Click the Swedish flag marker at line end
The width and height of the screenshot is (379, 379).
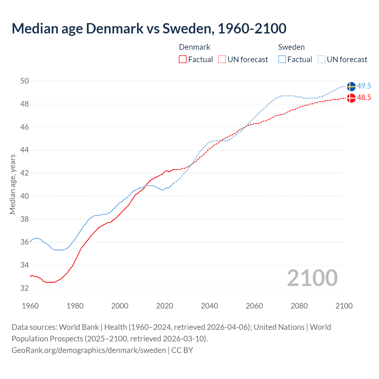tap(351, 86)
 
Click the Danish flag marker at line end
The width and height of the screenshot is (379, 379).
tap(351, 98)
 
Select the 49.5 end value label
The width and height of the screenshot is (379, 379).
tap(364, 86)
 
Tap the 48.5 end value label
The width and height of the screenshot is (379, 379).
tap(364, 98)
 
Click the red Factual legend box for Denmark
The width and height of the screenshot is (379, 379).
tap(183, 60)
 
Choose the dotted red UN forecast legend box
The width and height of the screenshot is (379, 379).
tap(222, 60)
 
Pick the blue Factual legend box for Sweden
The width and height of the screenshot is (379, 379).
tap(282, 60)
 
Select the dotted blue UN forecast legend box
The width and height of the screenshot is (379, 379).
tap(322, 60)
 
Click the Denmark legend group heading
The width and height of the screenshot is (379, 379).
tap(195, 47)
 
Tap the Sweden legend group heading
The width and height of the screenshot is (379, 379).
tap(291, 47)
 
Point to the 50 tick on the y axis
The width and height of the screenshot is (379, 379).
tap(25, 81)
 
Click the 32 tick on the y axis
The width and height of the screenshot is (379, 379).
tap(25, 288)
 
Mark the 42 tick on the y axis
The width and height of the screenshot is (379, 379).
tap(25, 173)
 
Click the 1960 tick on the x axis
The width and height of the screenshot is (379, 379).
tap(30, 306)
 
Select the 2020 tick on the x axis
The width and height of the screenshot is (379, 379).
tap(165, 306)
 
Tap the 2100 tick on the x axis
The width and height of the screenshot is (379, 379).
tap(344, 306)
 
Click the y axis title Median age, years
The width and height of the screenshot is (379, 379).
tap(12, 184)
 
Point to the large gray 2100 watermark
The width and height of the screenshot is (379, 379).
tap(312, 278)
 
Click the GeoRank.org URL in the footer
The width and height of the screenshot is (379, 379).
tap(89, 350)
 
